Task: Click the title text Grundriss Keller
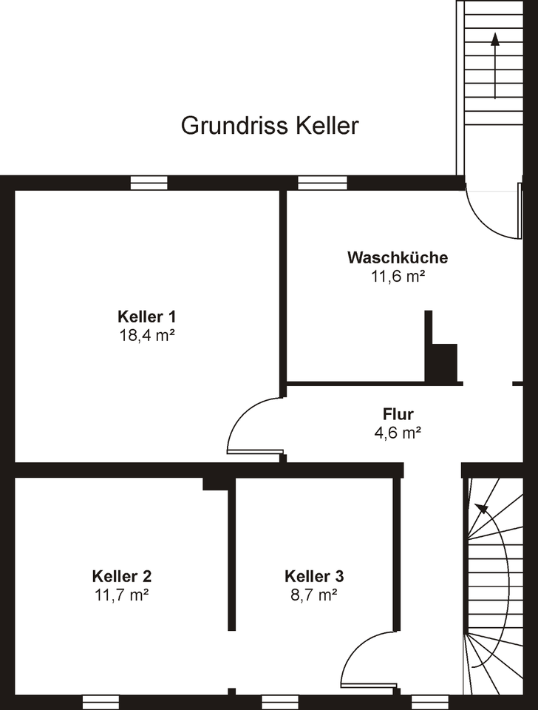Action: (270, 126)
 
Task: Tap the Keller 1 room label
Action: (146, 317)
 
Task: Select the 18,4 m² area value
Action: (146, 334)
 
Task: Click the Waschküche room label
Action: (398, 258)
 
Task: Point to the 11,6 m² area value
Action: (398, 276)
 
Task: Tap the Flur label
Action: (398, 414)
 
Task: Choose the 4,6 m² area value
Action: (398, 433)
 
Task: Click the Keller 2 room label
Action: (122, 575)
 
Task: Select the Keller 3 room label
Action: (314, 575)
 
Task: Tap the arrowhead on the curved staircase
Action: (481, 508)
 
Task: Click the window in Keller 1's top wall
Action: (149, 183)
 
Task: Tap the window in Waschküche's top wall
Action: (322, 183)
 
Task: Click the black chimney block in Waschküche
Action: (443, 362)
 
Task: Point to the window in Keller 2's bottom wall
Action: (101, 701)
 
